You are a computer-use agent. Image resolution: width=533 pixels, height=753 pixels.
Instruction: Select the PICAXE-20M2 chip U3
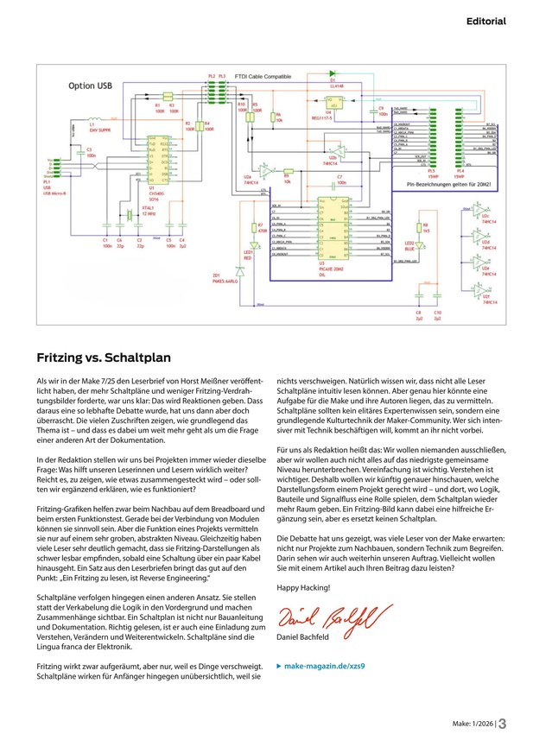tap(333, 228)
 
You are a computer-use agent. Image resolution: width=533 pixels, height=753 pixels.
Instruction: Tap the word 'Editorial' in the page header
tap(486, 20)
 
